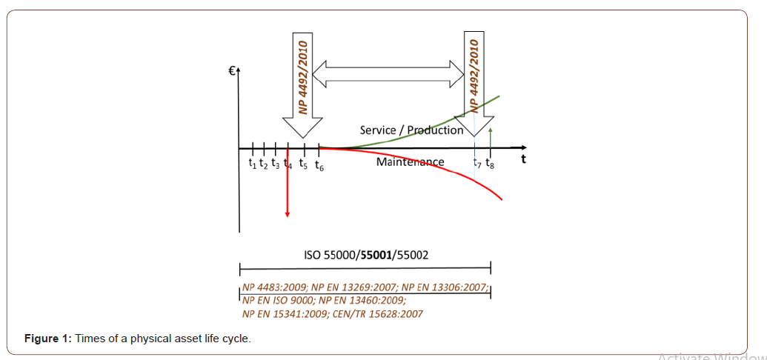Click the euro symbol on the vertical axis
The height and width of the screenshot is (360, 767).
[x=232, y=71]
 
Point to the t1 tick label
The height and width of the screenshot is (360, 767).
[x=253, y=163]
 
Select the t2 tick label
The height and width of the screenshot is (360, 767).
[x=264, y=163]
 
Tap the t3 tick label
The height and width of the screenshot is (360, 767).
[x=275, y=163]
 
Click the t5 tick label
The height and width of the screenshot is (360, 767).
[x=304, y=164]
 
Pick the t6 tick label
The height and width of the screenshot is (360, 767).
[x=319, y=164]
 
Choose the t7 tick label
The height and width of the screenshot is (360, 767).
[x=477, y=162]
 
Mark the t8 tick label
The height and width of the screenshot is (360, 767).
[x=490, y=164]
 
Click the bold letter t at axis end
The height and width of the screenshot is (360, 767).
[x=524, y=157]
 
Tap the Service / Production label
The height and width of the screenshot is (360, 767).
[x=411, y=130]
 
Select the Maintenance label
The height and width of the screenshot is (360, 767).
[x=410, y=161]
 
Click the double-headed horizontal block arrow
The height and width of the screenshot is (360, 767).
[x=388, y=72]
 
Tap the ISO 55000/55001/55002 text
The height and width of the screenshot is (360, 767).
[x=366, y=255]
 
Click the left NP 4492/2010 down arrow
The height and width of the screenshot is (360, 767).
[x=302, y=81]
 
